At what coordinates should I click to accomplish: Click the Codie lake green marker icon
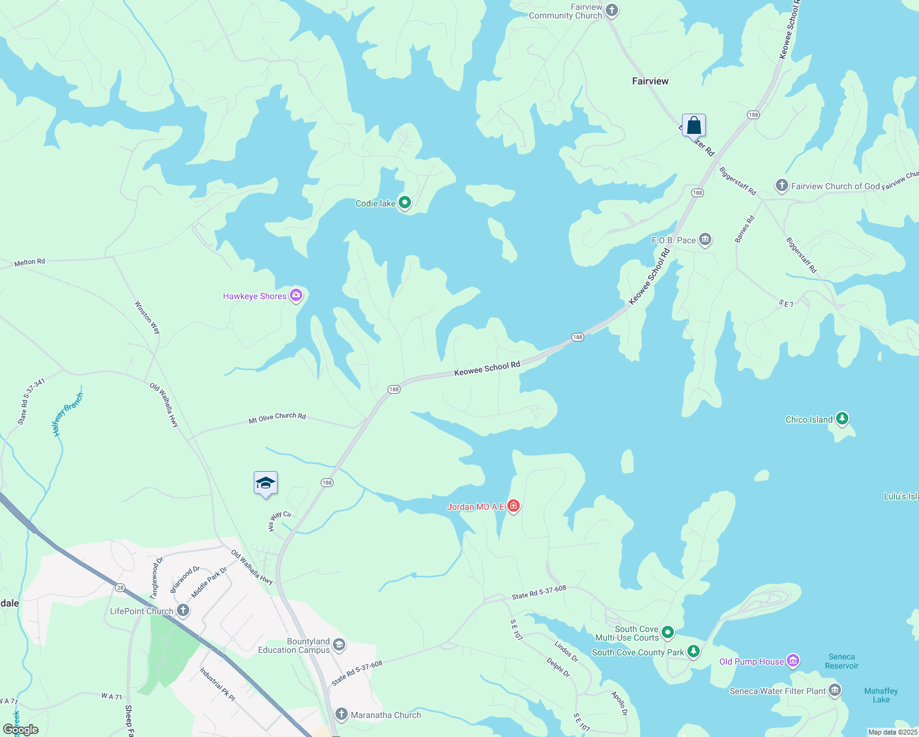[404, 202]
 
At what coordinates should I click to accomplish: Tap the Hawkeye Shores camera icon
[296, 295]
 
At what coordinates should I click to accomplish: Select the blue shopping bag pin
[694, 125]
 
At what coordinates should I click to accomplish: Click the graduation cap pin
[265, 483]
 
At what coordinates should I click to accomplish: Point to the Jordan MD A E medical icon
[514, 505]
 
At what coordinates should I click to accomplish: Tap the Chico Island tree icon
[842, 419]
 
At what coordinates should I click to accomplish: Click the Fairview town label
[650, 81]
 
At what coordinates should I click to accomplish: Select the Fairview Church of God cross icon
[781, 185]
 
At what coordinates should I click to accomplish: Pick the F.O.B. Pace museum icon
[705, 240]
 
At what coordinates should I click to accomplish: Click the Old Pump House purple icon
[793, 661]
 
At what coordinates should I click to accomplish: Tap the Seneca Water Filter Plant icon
[834, 690]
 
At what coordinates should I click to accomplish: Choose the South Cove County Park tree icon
[693, 652]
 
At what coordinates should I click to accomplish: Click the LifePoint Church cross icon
[182, 610]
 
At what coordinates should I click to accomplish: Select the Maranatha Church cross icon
[342, 714]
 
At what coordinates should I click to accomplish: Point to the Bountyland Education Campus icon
[339, 645]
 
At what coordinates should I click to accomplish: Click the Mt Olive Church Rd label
[277, 418]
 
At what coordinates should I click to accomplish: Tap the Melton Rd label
[29, 262]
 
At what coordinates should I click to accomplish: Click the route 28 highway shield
[120, 588]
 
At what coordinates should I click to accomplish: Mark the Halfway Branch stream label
[67, 415]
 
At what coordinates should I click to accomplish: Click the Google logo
[21, 729]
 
